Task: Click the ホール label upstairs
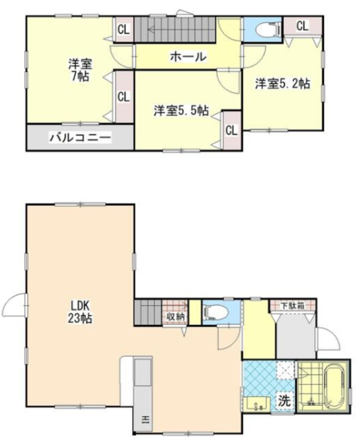point(188,57)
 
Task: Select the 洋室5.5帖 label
point(181,110)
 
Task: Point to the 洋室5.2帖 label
point(282,84)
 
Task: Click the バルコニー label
point(80,138)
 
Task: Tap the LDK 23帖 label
point(80,312)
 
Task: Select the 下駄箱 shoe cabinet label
point(292,306)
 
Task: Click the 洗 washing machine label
point(284,401)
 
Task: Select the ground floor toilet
point(216,312)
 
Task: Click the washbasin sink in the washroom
point(257,404)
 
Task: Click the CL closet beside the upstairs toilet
point(302,26)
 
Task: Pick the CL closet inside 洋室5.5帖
point(232,130)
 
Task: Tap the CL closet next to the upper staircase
point(124,29)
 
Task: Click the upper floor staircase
point(174,30)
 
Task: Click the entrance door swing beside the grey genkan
point(328,338)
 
